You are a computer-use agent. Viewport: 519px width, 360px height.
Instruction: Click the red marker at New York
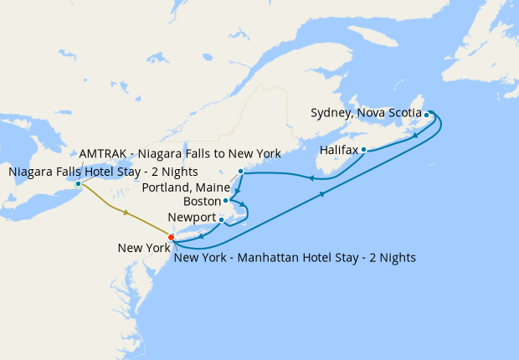click(172, 237)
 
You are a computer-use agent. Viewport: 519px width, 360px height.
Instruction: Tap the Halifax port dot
click(364, 150)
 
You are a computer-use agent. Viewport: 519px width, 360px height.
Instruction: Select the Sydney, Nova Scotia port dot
click(426, 115)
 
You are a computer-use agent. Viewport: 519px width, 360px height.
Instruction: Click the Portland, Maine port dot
click(240, 172)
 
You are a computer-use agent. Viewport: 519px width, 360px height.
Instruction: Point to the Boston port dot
click(226, 201)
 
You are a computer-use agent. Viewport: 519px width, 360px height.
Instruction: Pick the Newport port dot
click(221, 220)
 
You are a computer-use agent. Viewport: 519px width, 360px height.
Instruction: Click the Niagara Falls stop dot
click(78, 183)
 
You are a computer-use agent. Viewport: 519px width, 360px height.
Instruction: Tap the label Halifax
click(339, 151)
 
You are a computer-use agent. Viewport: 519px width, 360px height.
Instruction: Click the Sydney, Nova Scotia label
click(365, 112)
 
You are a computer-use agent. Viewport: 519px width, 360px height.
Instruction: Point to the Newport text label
click(192, 218)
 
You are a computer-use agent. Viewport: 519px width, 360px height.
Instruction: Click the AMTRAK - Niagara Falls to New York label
click(180, 155)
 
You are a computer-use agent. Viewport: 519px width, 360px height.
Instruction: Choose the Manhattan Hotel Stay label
click(295, 256)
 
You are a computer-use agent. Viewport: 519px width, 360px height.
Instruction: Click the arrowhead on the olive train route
click(126, 213)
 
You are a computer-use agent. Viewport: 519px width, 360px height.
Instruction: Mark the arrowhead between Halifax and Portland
click(311, 177)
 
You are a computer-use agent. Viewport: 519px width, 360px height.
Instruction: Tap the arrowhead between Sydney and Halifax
click(415, 136)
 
